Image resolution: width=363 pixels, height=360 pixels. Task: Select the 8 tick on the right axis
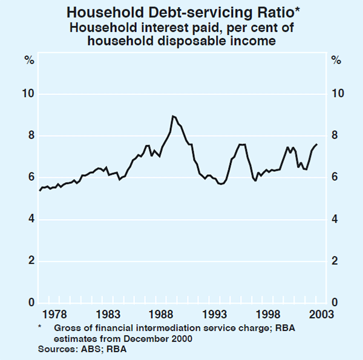pyautogui.click(x=333, y=136)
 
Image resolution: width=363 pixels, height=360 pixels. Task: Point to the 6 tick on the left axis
pyautogui.click(x=28, y=177)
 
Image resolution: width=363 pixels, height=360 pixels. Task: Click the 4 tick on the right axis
pyautogui.click(x=333, y=219)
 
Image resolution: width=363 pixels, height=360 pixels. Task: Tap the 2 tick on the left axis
pyautogui.click(x=28, y=261)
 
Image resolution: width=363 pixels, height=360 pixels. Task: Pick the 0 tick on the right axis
pyautogui.click(x=333, y=303)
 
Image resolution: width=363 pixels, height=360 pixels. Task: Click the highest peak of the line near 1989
pyautogui.click(x=173, y=116)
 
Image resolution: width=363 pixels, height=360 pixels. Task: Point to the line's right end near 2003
pyautogui.click(x=316, y=144)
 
